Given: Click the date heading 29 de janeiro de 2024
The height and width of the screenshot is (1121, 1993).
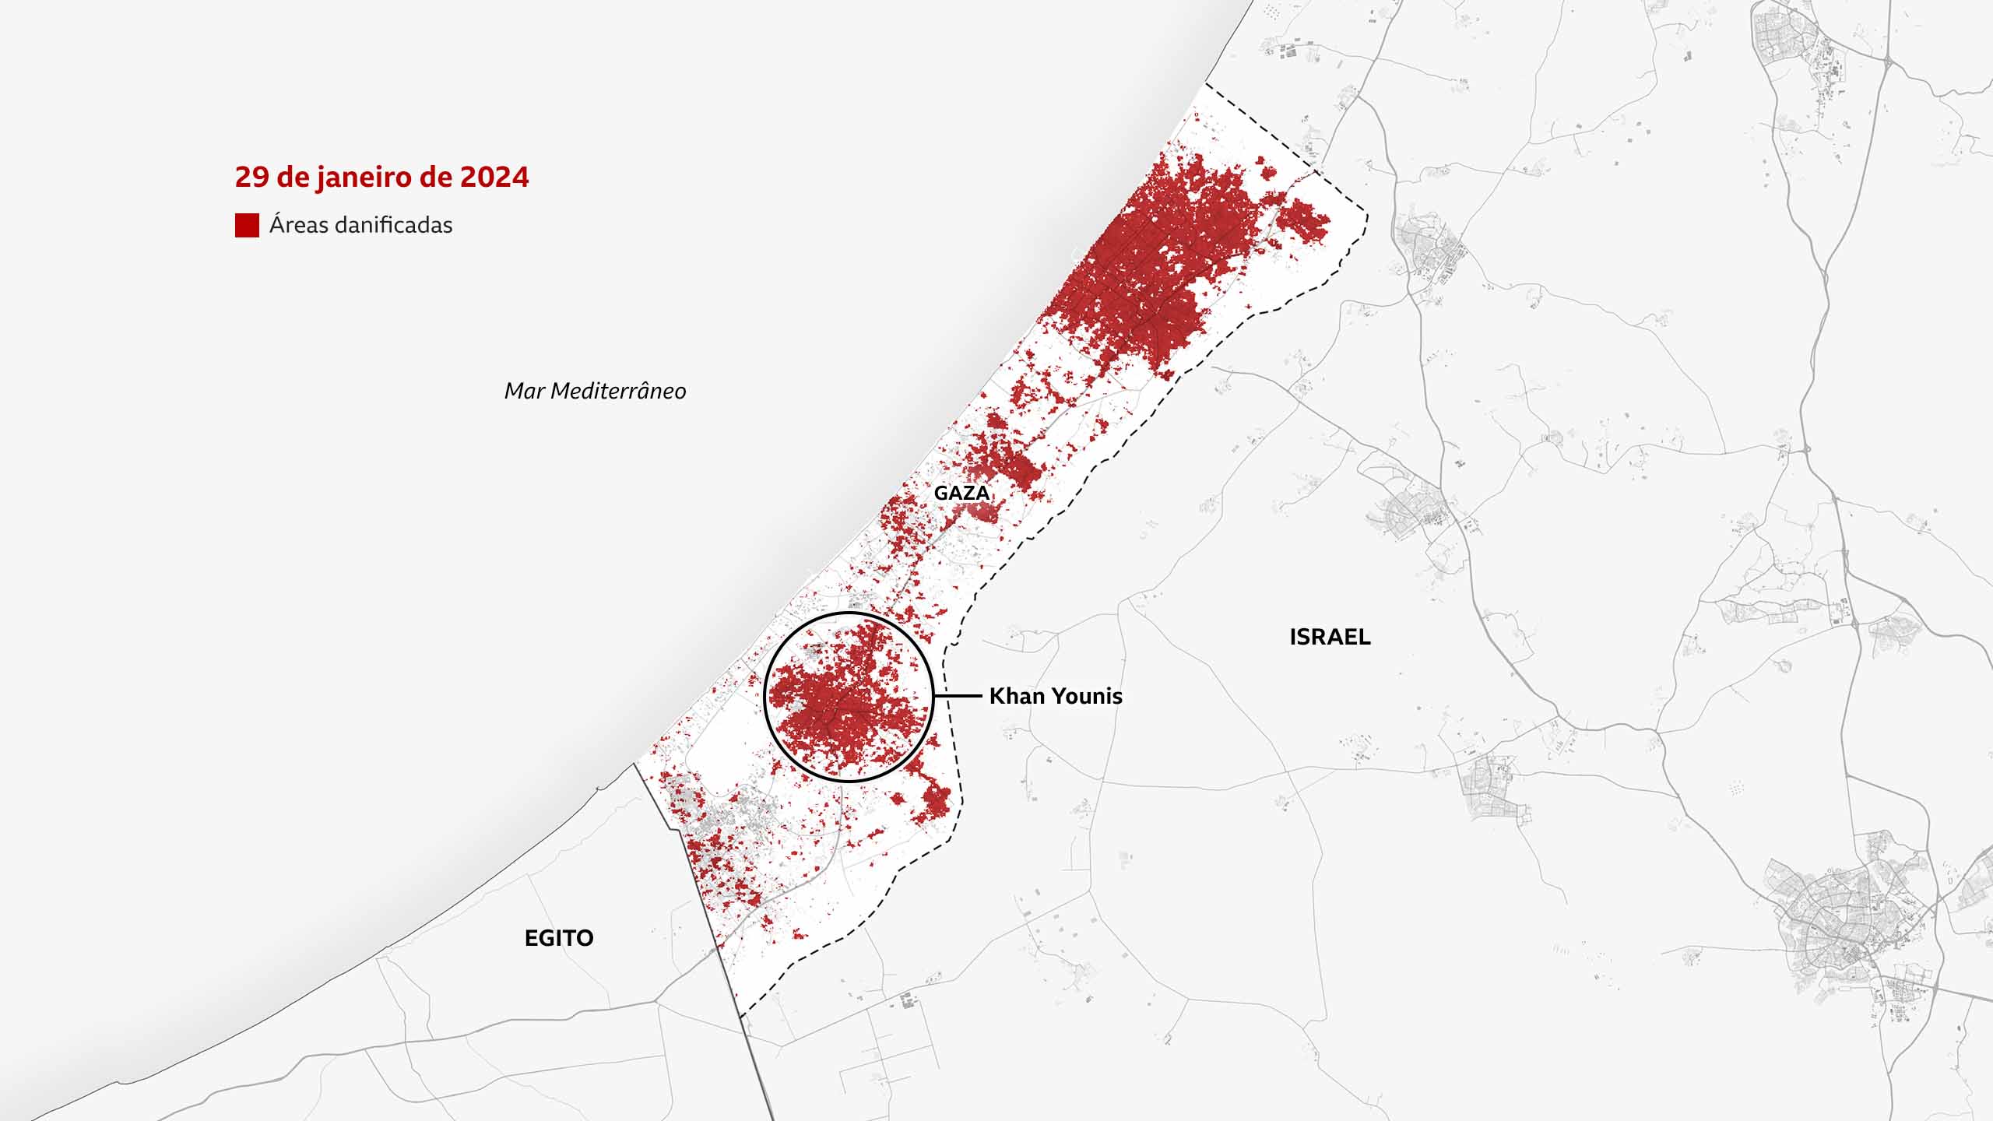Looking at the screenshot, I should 381,177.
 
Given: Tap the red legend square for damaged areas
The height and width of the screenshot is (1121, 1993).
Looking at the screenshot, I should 247,225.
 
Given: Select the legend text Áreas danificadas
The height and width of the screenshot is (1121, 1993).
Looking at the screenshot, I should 360,225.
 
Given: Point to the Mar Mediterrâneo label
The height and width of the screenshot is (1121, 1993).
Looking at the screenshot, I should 595,391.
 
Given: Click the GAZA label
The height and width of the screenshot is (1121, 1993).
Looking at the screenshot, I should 961,493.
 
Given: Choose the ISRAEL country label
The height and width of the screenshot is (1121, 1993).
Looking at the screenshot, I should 1330,637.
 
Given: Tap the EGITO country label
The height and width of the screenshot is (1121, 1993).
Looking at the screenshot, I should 559,938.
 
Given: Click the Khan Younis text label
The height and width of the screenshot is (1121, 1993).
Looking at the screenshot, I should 1056,696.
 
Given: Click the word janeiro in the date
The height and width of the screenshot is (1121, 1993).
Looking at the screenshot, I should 365,177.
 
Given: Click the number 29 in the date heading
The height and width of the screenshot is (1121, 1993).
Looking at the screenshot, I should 251,177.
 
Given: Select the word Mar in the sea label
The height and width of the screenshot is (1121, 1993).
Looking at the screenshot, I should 524,391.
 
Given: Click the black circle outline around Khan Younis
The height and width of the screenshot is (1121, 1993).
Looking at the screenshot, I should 849,613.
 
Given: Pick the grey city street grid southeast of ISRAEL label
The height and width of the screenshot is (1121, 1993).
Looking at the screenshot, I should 1845,926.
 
